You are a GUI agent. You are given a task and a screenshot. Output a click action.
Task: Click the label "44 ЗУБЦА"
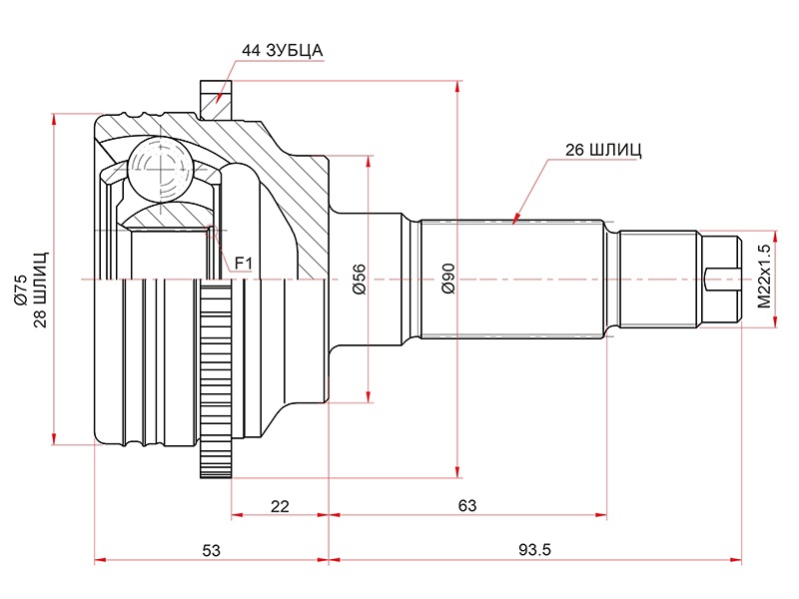283,49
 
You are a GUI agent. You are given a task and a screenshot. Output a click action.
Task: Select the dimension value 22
280,506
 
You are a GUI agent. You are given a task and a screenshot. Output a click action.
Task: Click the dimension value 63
467,506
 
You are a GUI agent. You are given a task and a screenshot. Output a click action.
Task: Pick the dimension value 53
210,551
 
